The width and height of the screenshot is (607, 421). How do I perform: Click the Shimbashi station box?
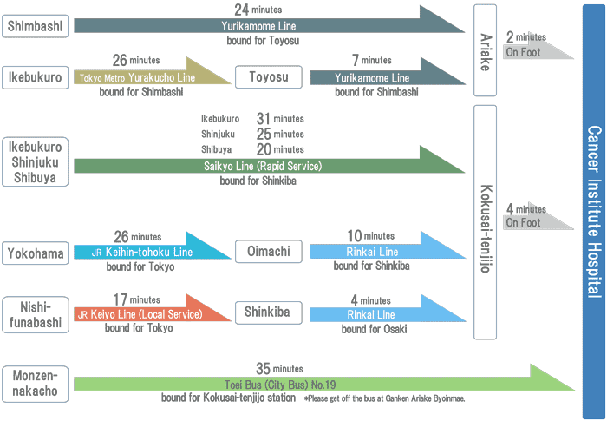[36, 26]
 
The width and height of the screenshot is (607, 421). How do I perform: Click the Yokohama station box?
[36, 253]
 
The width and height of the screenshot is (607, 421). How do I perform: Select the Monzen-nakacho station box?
[36, 383]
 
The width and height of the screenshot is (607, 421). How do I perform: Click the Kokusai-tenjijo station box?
[485, 222]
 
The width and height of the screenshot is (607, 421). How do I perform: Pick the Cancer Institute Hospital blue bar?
[593, 211]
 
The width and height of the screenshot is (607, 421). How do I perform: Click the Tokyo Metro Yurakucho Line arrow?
[143, 77]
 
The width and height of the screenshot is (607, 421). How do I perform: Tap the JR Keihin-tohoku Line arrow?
[143, 252]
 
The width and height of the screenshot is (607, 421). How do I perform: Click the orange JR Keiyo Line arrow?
[143, 313]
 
